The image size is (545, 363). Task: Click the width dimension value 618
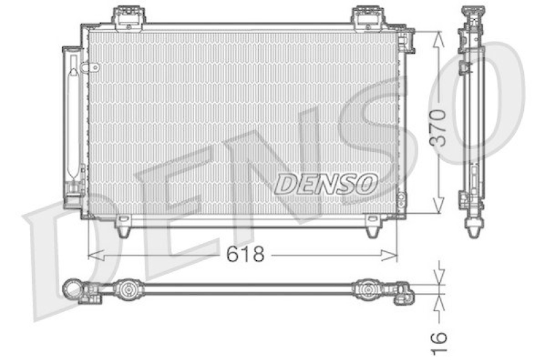[x=246, y=255]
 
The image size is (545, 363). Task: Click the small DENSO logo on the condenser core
[x=326, y=183]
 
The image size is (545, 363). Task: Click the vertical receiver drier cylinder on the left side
[x=73, y=123]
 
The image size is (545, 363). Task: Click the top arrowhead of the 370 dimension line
[x=439, y=35]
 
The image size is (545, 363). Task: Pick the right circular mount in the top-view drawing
[x=369, y=289]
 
